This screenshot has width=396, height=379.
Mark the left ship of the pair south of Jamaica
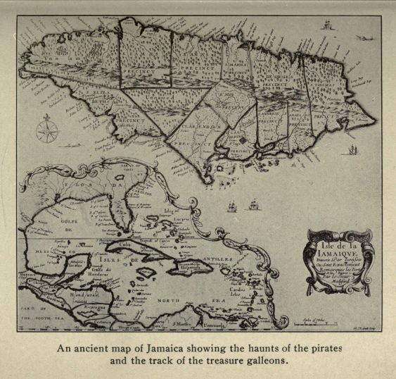(x=233, y=207)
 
